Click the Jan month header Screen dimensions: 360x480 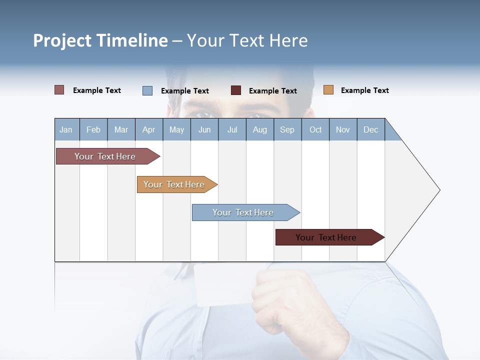click(x=66, y=129)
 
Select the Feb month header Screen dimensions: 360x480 click(x=93, y=129)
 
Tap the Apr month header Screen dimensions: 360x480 click(x=149, y=129)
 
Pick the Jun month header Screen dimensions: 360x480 click(x=204, y=129)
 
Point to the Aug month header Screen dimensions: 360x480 click(x=260, y=129)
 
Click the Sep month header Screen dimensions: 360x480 click(x=287, y=129)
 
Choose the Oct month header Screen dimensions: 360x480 click(x=315, y=129)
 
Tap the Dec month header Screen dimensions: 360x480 click(x=371, y=129)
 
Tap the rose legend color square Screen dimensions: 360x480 click(x=59, y=90)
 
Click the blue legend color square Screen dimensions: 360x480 click(x=147, y=90)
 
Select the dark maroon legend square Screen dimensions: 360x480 click(x=236, y=90)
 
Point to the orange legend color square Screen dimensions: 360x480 click(x=328, y=90)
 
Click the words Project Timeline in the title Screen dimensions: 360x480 click(x=100, y=40)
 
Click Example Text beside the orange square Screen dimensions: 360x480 click(x=364, y=90)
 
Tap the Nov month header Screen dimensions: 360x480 click(x=343, y=129)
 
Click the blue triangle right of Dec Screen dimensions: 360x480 click(x=391, y=133)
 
